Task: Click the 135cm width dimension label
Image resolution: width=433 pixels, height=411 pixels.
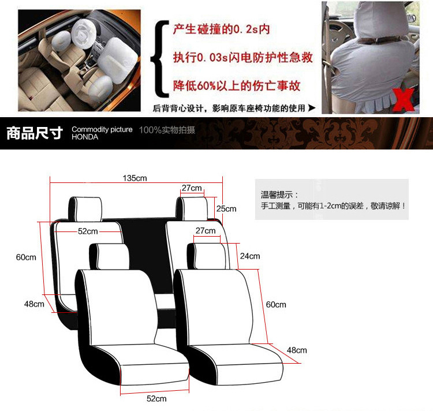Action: click(x=135, y=178)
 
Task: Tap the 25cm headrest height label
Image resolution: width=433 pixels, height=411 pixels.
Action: click(x=226, y=208)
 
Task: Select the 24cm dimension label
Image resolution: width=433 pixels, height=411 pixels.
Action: click(x=250, y=256)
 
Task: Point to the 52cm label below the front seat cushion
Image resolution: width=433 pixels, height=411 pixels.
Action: click(x=156, y=398)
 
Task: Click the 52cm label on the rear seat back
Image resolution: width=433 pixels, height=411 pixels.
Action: click(x=88, y=231)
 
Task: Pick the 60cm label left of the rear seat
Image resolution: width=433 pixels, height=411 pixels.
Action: click(x=26, y=257)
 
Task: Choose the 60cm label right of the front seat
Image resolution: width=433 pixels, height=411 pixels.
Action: click(x=276, y=304)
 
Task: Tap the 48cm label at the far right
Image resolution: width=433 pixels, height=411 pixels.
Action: click(x=297, y=350)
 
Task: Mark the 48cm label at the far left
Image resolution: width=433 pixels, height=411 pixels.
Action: click(x=34, y=304)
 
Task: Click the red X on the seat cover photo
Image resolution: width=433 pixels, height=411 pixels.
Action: click(x=404, y=100)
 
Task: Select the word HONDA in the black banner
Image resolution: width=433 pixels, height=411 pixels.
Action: click(x=85, y=137)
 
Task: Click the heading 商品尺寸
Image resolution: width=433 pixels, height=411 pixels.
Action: click(x=35, y=133)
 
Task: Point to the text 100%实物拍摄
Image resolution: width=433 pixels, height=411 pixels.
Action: click(x=167, y=130)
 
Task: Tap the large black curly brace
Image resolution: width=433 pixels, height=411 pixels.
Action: click(x=159, y=59)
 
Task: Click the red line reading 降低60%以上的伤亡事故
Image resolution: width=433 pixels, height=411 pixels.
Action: click(x=237, y=86)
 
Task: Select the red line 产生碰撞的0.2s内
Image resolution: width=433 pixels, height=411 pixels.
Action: click(x=222, y=29)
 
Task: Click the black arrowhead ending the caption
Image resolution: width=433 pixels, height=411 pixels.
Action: click(x=312, y=108)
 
